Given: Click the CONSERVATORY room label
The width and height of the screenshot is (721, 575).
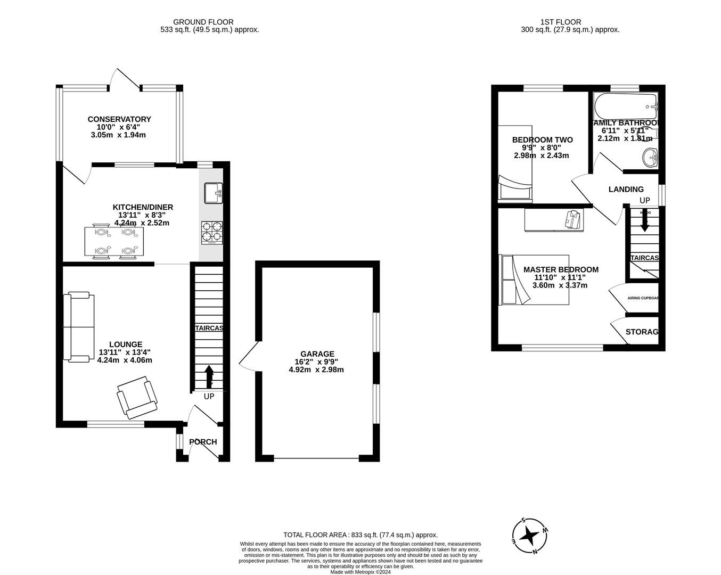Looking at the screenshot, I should [119, 119].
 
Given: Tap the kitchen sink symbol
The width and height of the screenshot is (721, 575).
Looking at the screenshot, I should [214, 193].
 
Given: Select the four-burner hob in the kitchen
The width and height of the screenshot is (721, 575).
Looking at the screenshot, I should [212, 232].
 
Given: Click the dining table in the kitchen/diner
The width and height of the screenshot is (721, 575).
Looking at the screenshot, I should [114, 242].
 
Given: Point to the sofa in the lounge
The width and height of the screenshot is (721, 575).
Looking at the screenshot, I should [79, 326].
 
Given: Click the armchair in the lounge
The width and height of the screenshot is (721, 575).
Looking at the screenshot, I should [137, 397].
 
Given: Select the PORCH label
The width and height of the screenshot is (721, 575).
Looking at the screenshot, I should [203, 442].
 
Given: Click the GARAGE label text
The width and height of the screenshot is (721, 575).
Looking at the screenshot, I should [317, 354].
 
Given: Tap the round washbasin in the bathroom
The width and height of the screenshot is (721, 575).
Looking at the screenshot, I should [650, 158].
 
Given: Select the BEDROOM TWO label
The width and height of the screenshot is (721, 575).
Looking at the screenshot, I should [542, 140].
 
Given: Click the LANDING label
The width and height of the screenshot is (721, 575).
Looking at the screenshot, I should [626, 189].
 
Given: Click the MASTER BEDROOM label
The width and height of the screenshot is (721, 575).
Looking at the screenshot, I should [560, 269].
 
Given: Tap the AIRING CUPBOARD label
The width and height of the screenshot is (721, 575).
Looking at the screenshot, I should [643, 298].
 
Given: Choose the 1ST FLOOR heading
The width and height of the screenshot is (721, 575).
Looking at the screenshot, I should [561, 22].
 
